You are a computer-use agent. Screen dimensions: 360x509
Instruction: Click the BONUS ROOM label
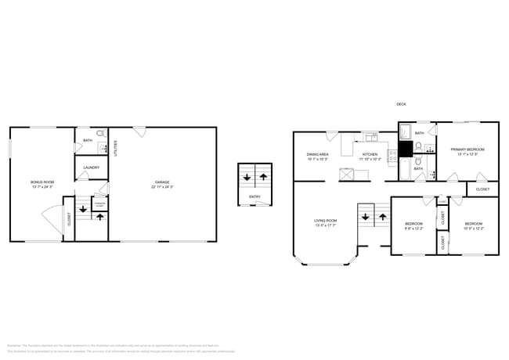pos(42,182)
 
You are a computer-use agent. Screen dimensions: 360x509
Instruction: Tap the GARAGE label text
pos(162,182)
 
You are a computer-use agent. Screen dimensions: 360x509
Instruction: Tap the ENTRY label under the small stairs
pos(254,196)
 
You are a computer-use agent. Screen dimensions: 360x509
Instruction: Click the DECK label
pos(401,104)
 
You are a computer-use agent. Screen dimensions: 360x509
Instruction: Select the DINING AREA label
pos(318,154)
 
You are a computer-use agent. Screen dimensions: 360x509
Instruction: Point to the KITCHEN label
pos(369,154)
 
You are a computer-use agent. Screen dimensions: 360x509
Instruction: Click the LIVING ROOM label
pos(326,221)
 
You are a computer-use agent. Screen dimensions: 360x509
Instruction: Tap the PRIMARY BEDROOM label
pos(467,149)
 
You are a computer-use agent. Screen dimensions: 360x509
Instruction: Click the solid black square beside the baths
pos(406,150)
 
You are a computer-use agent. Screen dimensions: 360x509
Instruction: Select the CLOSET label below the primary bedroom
pos(482,189)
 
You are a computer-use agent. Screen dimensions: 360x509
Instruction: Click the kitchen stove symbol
pos(392,156)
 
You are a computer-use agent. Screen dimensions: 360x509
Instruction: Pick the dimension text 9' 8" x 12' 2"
pos(413,229)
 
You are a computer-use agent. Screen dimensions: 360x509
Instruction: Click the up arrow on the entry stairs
pos(264,177)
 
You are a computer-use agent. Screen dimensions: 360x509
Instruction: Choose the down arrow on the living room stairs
pos(366,217)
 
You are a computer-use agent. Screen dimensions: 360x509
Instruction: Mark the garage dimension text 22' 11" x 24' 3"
pos(162,187)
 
